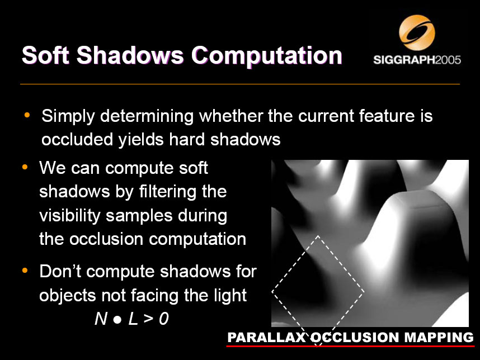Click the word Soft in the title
(45, 55)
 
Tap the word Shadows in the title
(130, 55)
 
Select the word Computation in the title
(267, 56)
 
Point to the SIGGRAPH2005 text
(417, 60)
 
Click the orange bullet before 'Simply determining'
(27, 115)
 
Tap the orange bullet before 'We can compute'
(25, 167)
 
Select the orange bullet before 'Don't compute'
(25, 271)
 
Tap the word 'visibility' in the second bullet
(70, 216)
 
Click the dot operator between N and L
(117, 320)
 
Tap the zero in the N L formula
(164, 319)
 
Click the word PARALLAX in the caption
(267, 338)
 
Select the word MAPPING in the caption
(439, 338)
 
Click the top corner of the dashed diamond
(318, 235)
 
